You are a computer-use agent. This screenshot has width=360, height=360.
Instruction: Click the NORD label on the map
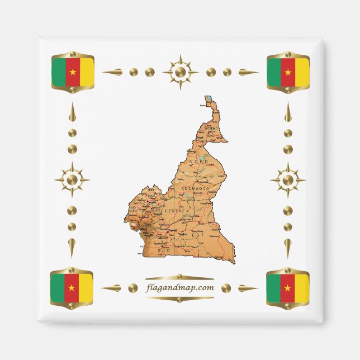pos(198,162)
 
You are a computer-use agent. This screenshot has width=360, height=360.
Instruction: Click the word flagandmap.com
pos(179,288)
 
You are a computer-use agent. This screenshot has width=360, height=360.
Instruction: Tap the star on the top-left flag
pos(72,72)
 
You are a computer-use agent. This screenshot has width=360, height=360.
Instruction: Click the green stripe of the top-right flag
pos(273,72)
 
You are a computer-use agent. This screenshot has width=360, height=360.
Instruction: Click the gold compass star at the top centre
pos(179,72)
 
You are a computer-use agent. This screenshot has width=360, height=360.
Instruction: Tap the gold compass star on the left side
pos(72,180)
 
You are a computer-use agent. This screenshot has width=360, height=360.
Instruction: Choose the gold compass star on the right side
pos(287,180)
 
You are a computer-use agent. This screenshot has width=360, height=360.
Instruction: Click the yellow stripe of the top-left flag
pos(86,72)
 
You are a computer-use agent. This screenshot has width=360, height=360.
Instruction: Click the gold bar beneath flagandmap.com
pos(179,299)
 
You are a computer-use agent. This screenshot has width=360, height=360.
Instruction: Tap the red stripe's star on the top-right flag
pos(288,72)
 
